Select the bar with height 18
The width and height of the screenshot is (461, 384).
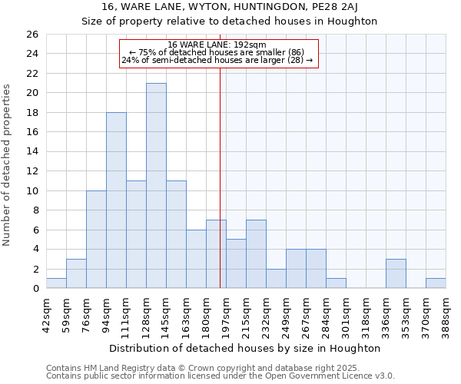116,200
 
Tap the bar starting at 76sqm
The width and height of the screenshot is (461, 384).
96,240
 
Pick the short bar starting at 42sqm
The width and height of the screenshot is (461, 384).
56,283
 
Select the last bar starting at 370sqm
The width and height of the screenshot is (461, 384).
436,283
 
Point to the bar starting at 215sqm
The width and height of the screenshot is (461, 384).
256,254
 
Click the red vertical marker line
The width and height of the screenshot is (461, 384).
221,177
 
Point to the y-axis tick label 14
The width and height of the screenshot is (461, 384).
32,152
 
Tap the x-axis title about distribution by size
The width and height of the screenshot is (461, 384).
245,349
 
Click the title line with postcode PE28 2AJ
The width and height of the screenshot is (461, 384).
230,7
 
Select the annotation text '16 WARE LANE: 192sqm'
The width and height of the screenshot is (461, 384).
217,45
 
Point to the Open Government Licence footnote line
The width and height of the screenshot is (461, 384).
221,376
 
